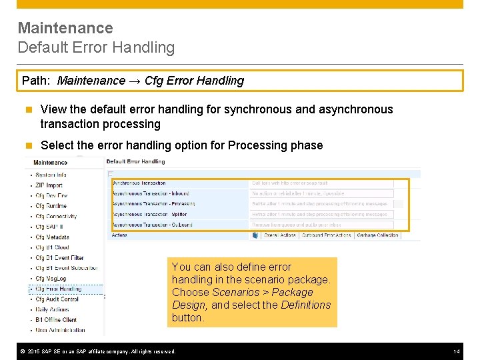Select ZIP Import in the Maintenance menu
49,185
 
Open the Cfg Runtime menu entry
51,206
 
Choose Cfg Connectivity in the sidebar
56,217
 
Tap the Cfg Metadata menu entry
52,237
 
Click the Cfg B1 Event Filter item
60,258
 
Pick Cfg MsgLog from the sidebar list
51,279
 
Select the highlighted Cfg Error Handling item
59,289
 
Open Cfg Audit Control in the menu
57,299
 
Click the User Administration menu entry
61,330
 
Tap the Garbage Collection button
377,235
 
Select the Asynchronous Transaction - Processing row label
153,204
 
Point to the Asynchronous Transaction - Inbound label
151,193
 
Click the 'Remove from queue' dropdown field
321,225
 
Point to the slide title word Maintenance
65,28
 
